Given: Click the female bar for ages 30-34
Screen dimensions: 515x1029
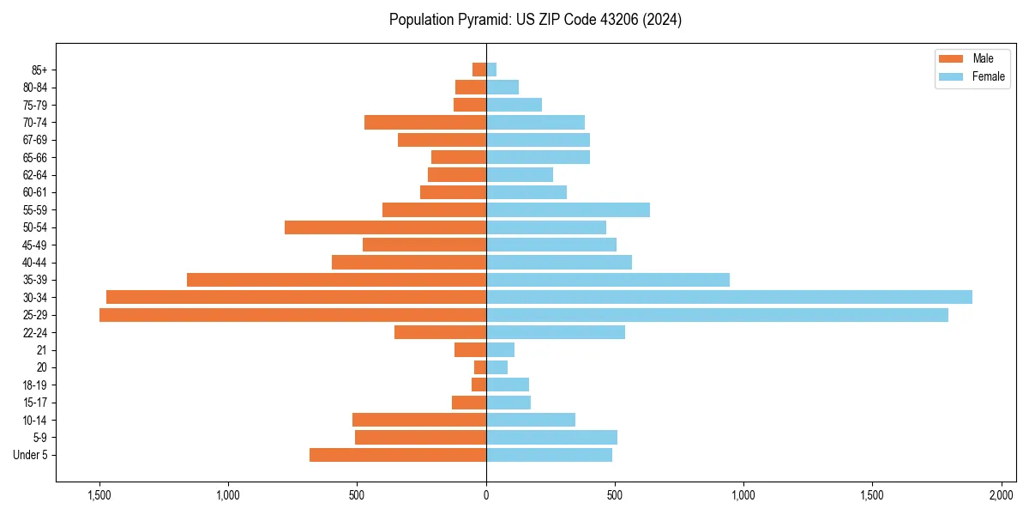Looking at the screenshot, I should (729, 297).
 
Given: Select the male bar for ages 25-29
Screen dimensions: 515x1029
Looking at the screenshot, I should (292, 315).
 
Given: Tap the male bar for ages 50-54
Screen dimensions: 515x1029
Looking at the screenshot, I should (385, 227).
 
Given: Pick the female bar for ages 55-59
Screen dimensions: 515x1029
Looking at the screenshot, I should (568, 209).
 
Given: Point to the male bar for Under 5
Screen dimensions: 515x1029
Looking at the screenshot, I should (398, 455).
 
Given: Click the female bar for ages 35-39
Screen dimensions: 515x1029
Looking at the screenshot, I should (608, 280).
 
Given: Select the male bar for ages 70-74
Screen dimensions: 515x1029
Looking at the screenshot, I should (425, 122).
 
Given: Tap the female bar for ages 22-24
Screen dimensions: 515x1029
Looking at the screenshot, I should (556, 332).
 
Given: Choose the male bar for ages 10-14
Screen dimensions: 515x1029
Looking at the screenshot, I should (419, 420).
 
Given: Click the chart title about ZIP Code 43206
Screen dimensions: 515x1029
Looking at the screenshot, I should (535, 20).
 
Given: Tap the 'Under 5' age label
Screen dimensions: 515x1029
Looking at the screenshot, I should (31, 455).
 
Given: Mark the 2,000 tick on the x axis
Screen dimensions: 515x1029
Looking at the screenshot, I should (1001, 495).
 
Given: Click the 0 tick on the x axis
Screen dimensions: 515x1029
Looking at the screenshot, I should (486, 495).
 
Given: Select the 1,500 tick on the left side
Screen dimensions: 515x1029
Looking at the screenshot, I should (99, 495).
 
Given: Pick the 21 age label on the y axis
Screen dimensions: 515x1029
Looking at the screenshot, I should (42, 350).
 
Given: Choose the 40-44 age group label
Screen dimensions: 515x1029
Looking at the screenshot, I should (34, 263).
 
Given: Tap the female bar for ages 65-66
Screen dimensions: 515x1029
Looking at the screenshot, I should (538, 157).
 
